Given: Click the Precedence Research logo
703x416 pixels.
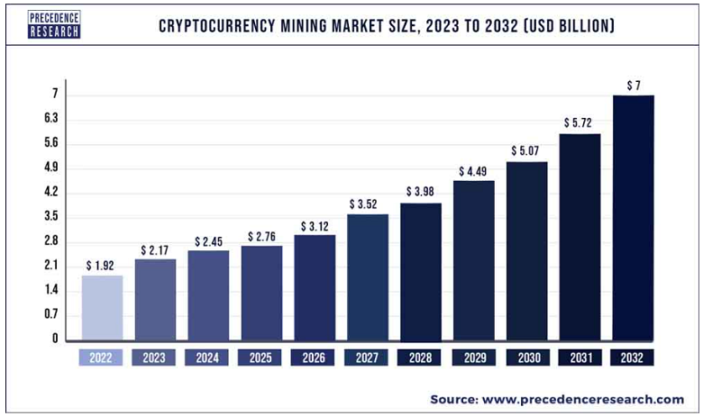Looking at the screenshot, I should pos(54,24).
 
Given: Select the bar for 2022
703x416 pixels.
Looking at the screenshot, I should pos(102,308).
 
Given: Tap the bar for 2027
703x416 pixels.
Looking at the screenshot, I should pos(367,277).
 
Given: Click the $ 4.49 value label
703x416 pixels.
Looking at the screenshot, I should pos(473,171).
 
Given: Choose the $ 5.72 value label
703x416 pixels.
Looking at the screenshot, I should pos(580,122).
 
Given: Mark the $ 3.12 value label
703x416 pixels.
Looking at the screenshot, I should pos(314,225).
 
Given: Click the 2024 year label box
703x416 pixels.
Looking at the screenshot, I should pos(207,357).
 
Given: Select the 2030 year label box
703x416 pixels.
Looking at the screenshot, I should pos(526,357).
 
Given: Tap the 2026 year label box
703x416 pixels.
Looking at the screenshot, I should pos(314,357).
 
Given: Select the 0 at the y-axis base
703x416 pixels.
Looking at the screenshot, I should pos(55,339).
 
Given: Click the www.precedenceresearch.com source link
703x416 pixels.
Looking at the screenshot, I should pos(582,399).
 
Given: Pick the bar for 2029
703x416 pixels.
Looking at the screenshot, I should pos(473,261).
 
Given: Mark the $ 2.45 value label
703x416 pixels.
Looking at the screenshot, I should pos(207,242).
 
